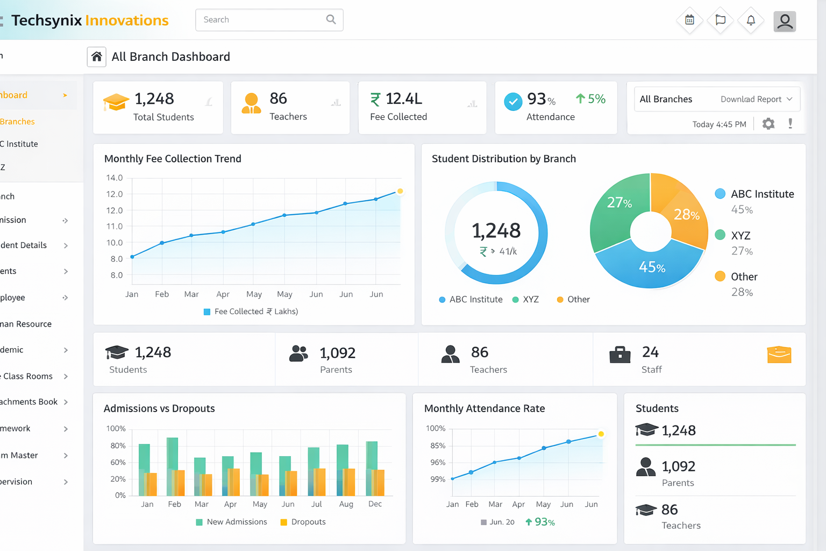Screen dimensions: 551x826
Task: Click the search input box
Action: point(264,20)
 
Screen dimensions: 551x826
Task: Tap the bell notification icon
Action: point(751,20)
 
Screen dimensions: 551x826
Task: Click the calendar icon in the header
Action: point(689,20)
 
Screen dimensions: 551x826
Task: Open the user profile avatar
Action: point(785,22)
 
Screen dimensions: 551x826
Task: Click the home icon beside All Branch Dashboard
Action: point(97,56)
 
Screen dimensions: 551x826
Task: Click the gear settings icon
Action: point(768,124)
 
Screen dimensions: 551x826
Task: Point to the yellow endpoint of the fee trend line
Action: point(400,191)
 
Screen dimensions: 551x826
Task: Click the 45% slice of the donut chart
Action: point(651,266)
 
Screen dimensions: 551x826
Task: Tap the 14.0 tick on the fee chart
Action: point(114,178)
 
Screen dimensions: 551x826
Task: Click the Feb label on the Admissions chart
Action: point(174,504)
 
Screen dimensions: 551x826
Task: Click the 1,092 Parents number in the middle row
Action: point(337,353)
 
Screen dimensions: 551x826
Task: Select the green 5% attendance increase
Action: point(590,99)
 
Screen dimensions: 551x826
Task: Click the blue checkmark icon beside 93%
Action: point(513,101)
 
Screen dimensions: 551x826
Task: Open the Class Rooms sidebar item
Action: point(28,376)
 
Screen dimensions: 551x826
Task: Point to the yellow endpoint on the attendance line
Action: point(601,434)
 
